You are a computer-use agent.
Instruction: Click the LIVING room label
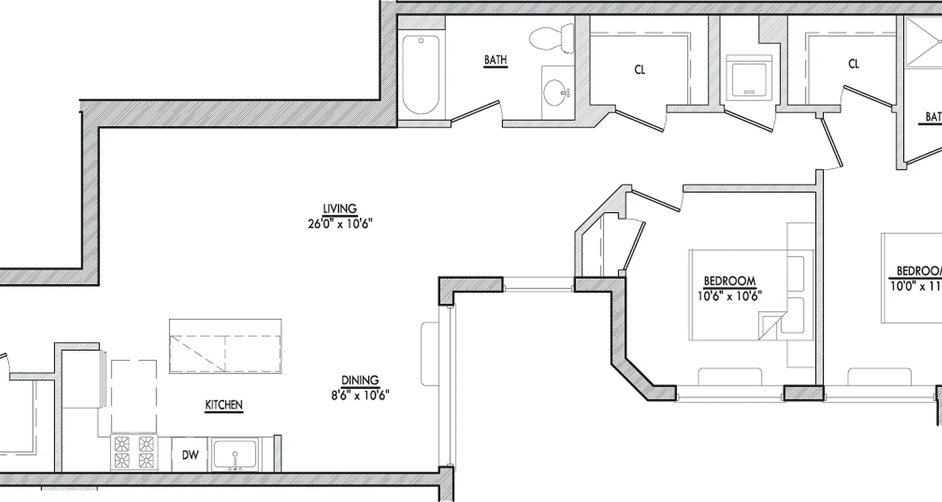pyautogui.click(x=340, y=208)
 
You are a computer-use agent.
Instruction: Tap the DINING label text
pyautogui.click(x=360, y=380)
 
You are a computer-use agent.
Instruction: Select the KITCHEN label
pyautogui.click(x=224, y=405)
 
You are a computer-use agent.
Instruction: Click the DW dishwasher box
pyautogui.click(x=190, y=455)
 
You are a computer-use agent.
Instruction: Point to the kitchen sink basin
pyautogui.click(x=235, y=454)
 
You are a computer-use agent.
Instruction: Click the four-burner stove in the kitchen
pyautogui.click(x=134, y=453)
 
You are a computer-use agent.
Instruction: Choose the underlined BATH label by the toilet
pyautogui.click(x=495, y=60)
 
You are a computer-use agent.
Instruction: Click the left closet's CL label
pyautogui.click(x=640, y=70)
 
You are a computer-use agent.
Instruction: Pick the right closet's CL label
pyautogui.click(x=853, y=64)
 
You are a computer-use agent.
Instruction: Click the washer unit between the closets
pyautogui.click(x=749, y=77)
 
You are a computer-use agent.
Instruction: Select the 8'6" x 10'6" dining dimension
pyautogui.click(x=360, y=395)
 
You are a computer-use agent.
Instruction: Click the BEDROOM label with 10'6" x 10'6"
pyautogui.click(x=729, y=280)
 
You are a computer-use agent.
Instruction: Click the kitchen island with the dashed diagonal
pyautogui.click(x=225, y=346)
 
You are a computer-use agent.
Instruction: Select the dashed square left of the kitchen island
pyautogui.click(x=134, y=392)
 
